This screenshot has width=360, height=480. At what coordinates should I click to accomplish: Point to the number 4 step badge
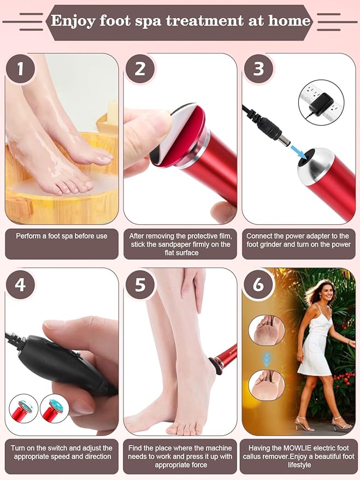pos(20,286)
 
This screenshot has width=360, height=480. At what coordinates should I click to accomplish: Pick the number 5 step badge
pos(140,286)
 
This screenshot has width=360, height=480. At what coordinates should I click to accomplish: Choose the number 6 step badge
pos(258,286)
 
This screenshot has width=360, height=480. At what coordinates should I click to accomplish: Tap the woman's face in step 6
pos(316,293)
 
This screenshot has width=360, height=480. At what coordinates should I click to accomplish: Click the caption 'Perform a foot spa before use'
pos(62,236)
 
